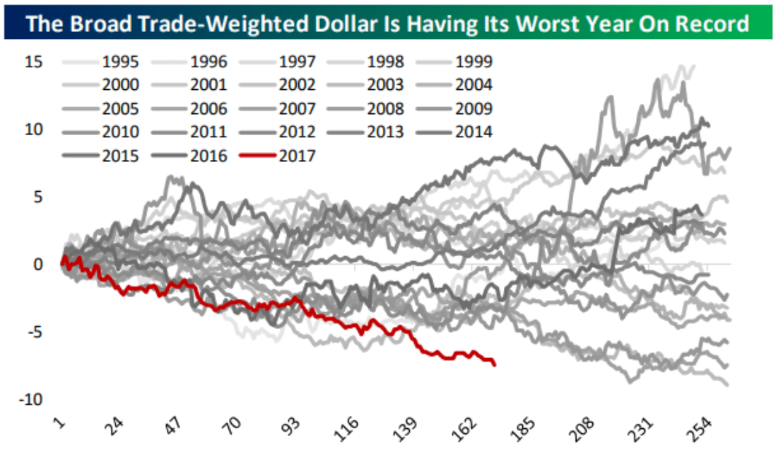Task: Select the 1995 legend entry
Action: (x=119, y=62)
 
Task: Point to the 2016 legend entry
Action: (x=208, y=155)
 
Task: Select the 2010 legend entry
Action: (x=119, y=132)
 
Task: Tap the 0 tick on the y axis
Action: (x=40, y=264)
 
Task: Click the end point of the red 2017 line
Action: (x=495, y=365)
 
